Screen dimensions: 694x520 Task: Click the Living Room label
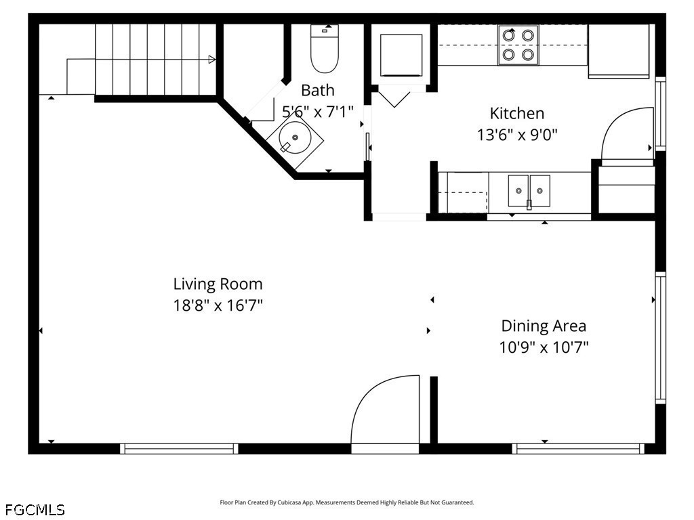pos(218,284)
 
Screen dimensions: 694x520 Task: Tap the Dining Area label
pos(544,326)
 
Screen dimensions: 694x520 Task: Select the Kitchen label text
pos(517,113)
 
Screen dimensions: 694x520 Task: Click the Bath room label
pos(318,90)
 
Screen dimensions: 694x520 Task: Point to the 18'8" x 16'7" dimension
pos(218,305)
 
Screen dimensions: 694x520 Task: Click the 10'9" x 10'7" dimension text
pos(544,347)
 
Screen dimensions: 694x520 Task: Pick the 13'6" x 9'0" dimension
pos(517,135)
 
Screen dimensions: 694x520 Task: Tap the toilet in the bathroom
pos(325,48)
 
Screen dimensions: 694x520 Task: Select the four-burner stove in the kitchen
pos(518,45)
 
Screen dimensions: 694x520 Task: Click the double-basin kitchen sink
pos(529,191)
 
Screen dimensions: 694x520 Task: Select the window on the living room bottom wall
pos(179,448)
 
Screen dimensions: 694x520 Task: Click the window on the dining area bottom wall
pos(579,448)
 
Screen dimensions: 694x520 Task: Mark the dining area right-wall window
pos(660,338)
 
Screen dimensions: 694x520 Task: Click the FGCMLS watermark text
pos(35,510)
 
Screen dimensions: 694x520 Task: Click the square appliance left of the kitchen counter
pos(401,55)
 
